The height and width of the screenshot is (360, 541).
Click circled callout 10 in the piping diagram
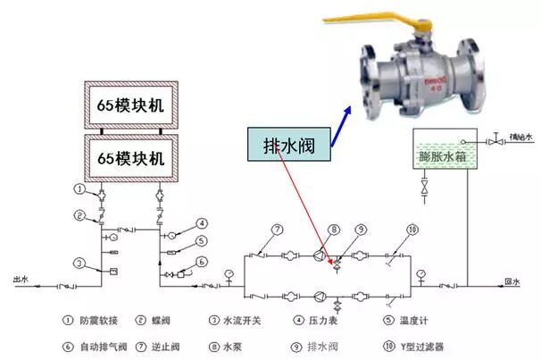[412, 230]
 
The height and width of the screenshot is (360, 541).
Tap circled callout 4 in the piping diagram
[203, 223]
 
